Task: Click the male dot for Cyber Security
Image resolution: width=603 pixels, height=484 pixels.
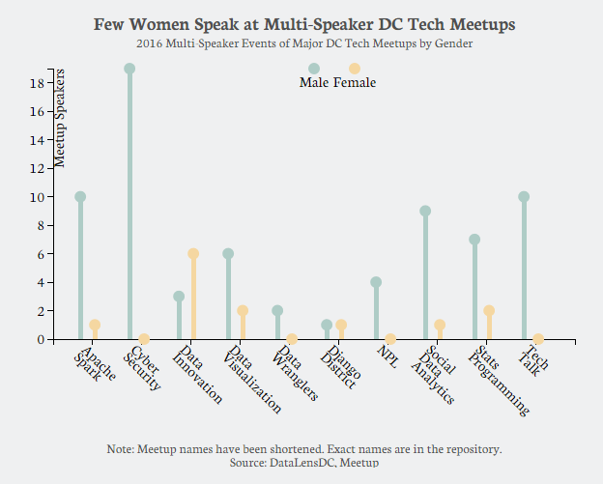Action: [129, 69]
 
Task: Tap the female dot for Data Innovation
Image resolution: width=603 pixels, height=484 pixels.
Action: [193, 254]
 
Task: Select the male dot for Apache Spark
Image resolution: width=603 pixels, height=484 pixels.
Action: [80, 197]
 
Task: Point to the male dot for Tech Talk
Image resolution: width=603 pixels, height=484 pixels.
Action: [524, 197]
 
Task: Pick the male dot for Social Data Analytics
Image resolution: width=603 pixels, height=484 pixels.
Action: [425, 211]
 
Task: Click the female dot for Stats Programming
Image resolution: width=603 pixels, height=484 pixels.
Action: [489, 311]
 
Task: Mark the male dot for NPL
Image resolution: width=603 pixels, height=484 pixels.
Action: [376, 282]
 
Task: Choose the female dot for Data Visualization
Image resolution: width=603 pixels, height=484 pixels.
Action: [243, 311]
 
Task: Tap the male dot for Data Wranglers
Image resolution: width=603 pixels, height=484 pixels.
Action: [277, 311]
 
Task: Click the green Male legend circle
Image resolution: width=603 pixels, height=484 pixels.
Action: [314, 69]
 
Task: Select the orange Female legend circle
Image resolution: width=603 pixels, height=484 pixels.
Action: [355, 69]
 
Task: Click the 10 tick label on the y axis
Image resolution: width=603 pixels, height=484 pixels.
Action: [36, 197]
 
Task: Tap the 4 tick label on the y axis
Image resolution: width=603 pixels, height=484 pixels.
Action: [40, 283]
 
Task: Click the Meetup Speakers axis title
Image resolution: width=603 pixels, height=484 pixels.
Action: [60, 118]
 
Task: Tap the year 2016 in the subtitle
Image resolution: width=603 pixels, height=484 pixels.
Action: [151, 44]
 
